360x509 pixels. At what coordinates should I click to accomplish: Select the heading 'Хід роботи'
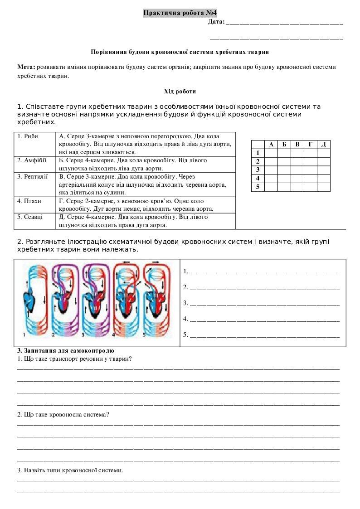click(x=180, y=92)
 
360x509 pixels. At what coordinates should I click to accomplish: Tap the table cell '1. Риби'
click(x=28, y=136)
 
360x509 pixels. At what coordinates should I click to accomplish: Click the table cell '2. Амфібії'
click(x=32, y=160)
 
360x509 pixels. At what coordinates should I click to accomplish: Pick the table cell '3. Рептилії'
click(x=33, y=177)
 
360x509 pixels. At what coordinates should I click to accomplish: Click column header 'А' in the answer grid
click(x=271, y=145)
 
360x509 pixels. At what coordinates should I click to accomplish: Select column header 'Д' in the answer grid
click(x=323, y=145)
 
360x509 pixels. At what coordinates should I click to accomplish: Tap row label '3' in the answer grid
click(x=258, y=170)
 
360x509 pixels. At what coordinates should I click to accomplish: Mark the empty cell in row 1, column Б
click(x=284, y=153)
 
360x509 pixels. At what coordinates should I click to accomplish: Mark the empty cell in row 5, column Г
click(x=310, y=187)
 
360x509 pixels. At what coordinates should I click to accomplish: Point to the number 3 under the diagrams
click(x=83, y=335)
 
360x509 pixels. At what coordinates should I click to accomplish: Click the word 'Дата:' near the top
click(x=216, y=21)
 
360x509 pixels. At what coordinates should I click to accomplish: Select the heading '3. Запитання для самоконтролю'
click(x=66, y=350)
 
